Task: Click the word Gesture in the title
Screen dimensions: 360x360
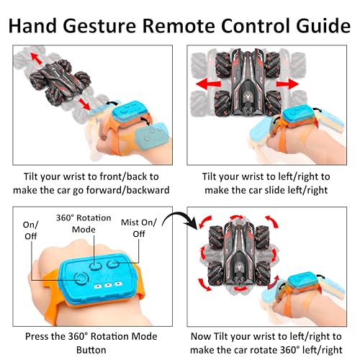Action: pyautogui.click(x=99, y=27)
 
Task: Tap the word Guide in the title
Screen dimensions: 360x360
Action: pyautogui.click(x=323, y=26)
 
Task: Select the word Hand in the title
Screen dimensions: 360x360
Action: pyautogui.click(x=32, y=25)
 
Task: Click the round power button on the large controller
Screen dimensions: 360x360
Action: pyautogui.click(x=81, y=279)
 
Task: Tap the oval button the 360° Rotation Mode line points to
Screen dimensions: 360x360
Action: pyautogui.click(x=95, y=266)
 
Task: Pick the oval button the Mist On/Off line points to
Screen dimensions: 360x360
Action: pyautogui.click(x=113, y=264)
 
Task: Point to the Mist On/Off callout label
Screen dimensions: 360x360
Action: pyautogui.click(x=139, y=228)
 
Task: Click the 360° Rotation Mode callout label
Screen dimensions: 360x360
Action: pyautogui.click(x=84, y=223)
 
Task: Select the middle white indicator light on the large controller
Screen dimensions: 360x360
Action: pyautogui.click(x=108, y=285)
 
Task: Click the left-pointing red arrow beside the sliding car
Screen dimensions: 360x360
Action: pyautogui.click(x=208, y=84)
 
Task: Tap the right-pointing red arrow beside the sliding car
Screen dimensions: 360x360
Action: pyautogui.click(x=287, y=84)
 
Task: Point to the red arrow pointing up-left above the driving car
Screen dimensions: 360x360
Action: pyautogui.click(x=36, y=59)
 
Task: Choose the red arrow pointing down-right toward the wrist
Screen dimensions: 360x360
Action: pyautogui.click(x=84, y=104)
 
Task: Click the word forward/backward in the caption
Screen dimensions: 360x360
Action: pyautogui.click(x=127, y=190)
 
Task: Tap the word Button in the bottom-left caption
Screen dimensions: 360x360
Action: pyautogui.click(x=91, y=350)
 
